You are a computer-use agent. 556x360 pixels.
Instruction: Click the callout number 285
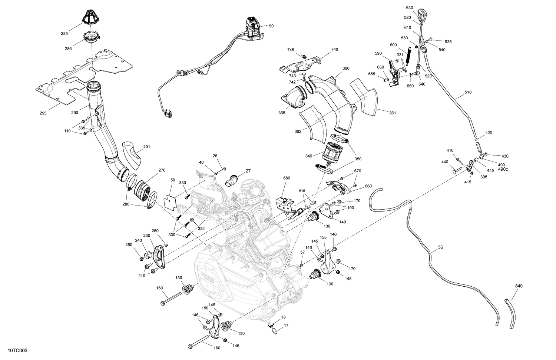tap(64, 34)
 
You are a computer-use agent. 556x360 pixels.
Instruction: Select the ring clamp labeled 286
tap(91, 38)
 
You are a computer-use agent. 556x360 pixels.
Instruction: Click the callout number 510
tap(468, 92)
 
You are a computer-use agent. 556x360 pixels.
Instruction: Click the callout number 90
tap(271, 26)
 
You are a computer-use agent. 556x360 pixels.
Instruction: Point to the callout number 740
tap(335, 49)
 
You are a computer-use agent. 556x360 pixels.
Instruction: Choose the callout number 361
tap(393, 113)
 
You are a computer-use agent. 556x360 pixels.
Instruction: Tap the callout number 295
tap(43, 113)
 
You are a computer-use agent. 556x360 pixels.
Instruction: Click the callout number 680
tap(287, 178)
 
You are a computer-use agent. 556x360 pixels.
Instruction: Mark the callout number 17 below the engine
tap(286, 326)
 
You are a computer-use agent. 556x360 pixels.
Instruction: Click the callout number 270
tap(162, 170)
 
